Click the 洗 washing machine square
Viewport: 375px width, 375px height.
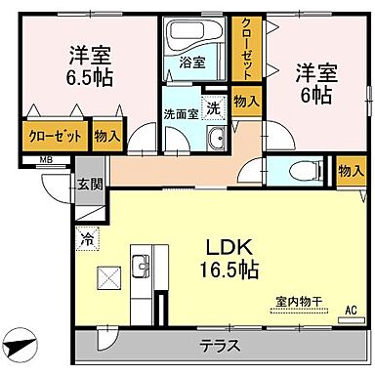(214, 107)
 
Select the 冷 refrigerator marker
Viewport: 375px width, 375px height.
(87, 235)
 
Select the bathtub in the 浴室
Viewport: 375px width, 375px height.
(187, 37)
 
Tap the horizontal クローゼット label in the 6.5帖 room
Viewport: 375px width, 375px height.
(55, 137)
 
